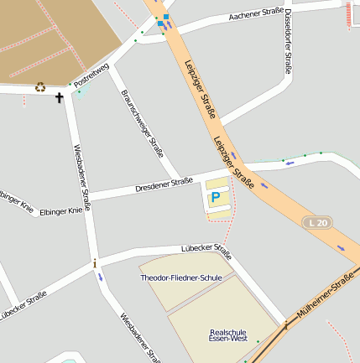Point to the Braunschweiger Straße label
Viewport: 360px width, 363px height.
point(141,123)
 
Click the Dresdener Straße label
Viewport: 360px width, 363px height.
point(164,184)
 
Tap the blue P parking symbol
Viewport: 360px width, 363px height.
point(216,198)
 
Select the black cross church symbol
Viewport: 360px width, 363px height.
point(60,98)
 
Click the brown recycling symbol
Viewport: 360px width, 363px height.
point(40,86)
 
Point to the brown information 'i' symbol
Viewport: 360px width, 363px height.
point(95,264)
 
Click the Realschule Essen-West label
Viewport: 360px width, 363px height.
point(228,335)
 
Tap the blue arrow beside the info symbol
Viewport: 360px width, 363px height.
point(101,277)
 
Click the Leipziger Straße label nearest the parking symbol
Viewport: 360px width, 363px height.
point(233,161)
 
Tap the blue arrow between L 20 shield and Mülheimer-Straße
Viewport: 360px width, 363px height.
point(341,248)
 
